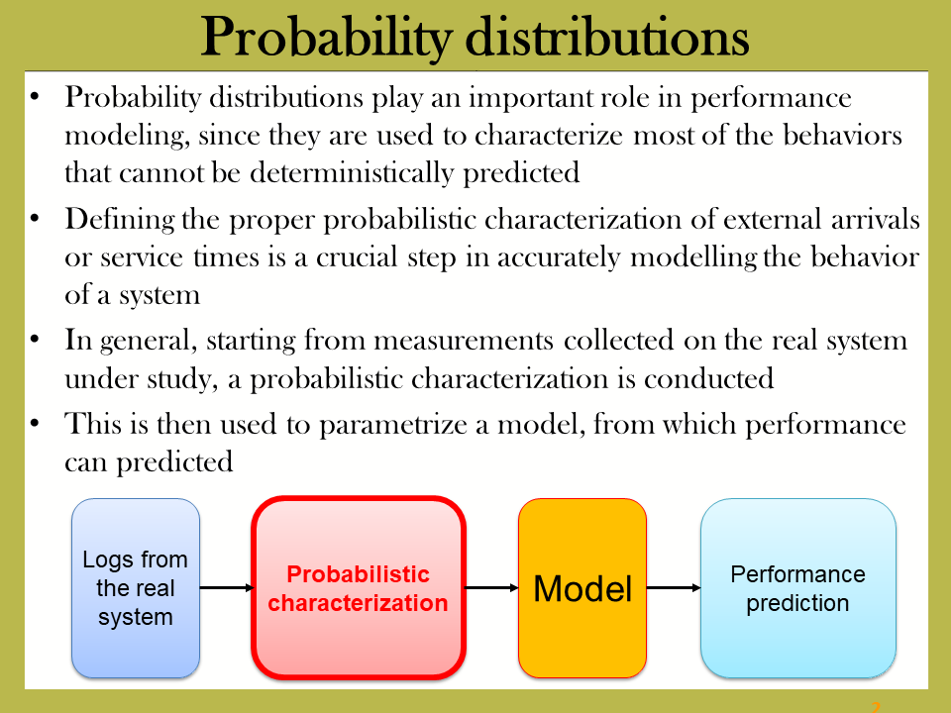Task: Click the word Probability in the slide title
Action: [326, 38]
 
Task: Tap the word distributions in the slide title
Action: [607, 37]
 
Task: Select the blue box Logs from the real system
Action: [136, 588]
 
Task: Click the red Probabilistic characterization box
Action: [359, 588]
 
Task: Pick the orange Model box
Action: [582, 588]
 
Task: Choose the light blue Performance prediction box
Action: [798, 588]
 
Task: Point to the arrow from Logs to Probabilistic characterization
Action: [226, 587]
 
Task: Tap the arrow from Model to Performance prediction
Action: [674, 587]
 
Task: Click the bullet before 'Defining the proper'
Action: [35, 218]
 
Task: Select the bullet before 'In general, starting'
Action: [35, 340]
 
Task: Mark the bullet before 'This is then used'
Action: [35, 423]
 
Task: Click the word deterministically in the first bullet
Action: [352, 172]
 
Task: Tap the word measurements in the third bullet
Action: [464, 340]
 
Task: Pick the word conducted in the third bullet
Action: [708, 379]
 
